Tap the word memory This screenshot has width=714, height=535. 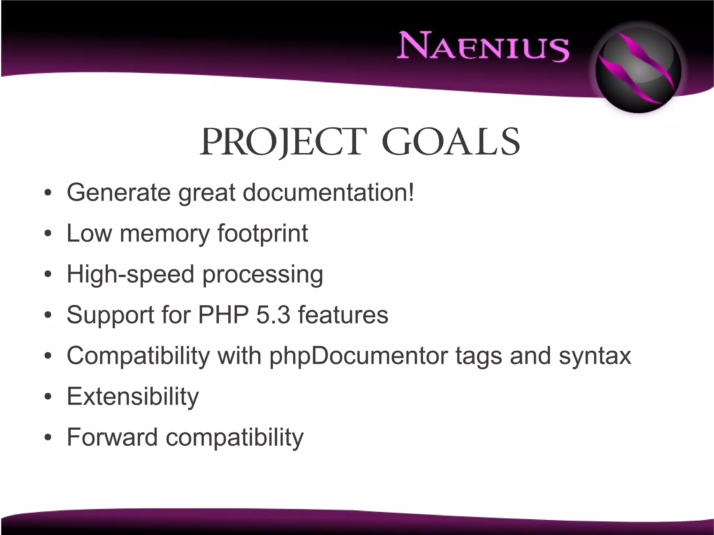[165, 233]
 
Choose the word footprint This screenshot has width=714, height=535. [263, 233]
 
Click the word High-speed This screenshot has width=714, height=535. [130, 274]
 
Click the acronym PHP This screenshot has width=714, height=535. [223, 315]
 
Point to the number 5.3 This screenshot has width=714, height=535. [273, 315]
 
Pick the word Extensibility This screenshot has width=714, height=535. [132, 397]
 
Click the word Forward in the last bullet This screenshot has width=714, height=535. [112, 437]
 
